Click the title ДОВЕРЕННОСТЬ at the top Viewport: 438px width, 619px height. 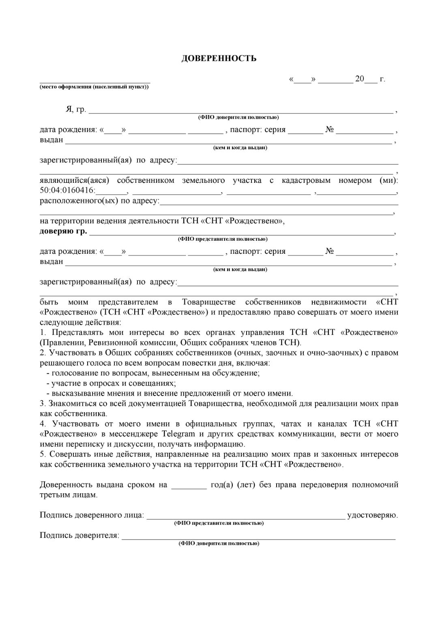219,58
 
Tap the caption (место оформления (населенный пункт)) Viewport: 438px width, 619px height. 94,87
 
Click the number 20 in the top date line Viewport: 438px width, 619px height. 359,79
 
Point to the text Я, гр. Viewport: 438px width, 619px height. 76,109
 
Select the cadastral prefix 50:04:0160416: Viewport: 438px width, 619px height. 67,191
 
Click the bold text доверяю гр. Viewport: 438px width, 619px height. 63,231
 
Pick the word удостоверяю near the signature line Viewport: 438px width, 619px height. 372,515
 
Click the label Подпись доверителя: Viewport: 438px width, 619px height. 79,535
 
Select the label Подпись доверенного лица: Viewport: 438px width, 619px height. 92,515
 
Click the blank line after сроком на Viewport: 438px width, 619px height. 189,485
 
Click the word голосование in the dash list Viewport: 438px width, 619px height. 73,373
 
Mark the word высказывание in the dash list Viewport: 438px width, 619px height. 75,393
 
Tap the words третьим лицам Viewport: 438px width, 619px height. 69,495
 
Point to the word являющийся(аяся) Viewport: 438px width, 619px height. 74,180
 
